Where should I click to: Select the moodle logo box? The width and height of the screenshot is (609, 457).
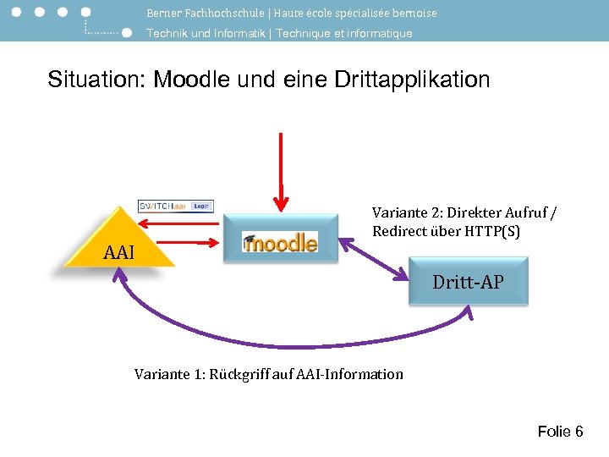click(x=280, y=242)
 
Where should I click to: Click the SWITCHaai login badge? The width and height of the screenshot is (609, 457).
click(x=176, y=206)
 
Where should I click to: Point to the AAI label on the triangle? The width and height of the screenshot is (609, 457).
click(x=119, y=252)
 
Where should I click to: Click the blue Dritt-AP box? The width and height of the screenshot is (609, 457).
click(x=468, y=282)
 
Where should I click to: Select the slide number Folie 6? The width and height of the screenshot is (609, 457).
click(x=560, y=432)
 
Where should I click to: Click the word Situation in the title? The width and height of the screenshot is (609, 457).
click(x=95, y=80)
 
